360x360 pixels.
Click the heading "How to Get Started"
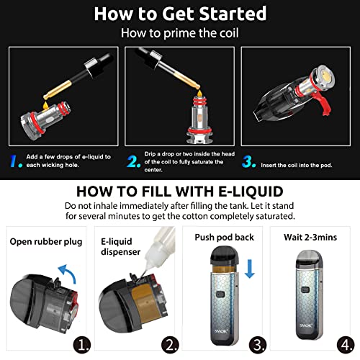pyautogui.click(x=180, y=13)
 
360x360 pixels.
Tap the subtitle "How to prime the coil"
pyautogui.click(x=180, y=32)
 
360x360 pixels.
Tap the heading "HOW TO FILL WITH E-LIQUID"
pyautogui.click(x=180, y=192)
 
